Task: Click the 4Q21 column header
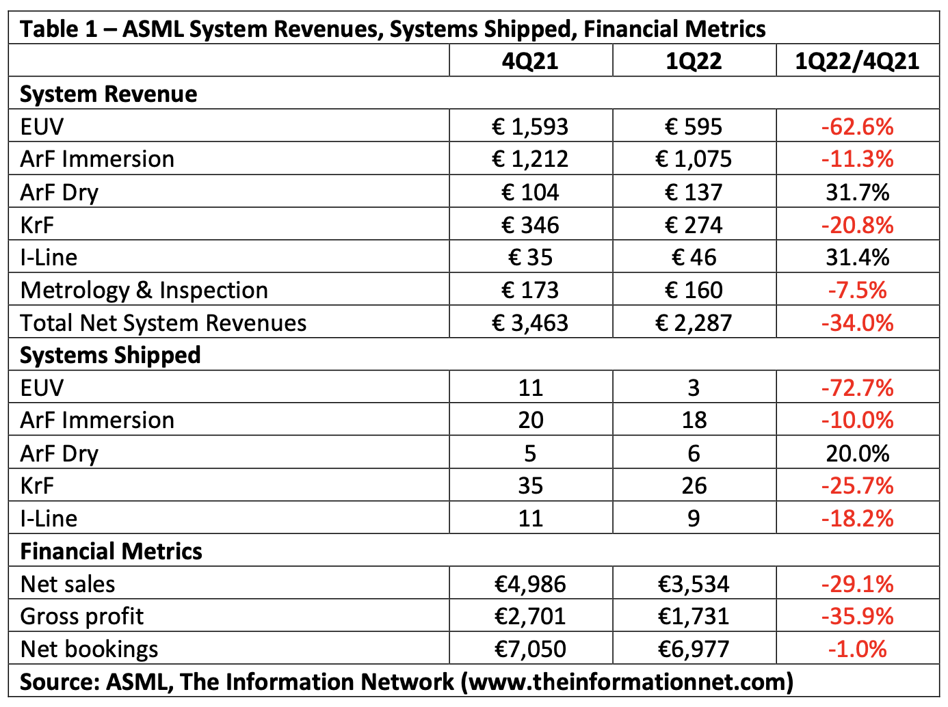(x=530, y=61)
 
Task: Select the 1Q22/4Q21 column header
(x=857, y=61)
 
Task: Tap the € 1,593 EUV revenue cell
(x=530, y=126)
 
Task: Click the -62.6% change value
(x=857, y=126)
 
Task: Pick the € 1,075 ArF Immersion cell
(x=694, y=159)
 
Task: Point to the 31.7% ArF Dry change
(x=857, y=192)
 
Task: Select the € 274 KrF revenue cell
(x=694, y=225)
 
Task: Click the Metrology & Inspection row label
(x=144, y=291)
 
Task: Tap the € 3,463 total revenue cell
(x=530, y=323)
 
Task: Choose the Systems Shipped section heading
(x=110, y=356)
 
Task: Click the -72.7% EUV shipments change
(x=857, y=388)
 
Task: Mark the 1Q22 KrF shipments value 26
(x=694, y=486)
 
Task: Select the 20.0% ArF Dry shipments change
(x=857, y=453)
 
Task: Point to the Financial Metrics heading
(x=111, y=551)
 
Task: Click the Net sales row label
(x=68, y=584)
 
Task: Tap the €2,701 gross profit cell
(x=530, y=617)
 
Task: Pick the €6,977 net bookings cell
(x=694, y=649)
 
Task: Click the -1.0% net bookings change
(x=857, y=649)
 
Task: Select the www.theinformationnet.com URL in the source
(x=627, y=682)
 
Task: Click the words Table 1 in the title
(x=59, y=29)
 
